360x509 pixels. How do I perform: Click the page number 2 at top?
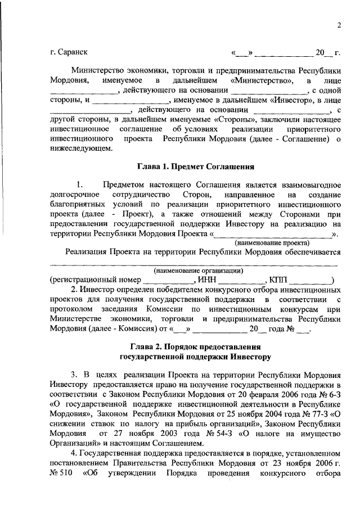pyautogui.click(x=340, y=25)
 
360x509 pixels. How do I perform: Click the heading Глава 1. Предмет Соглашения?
pyautogui.click(x=196, y=166)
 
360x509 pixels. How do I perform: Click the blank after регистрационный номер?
pyautogui.click(x=167, y=281)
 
